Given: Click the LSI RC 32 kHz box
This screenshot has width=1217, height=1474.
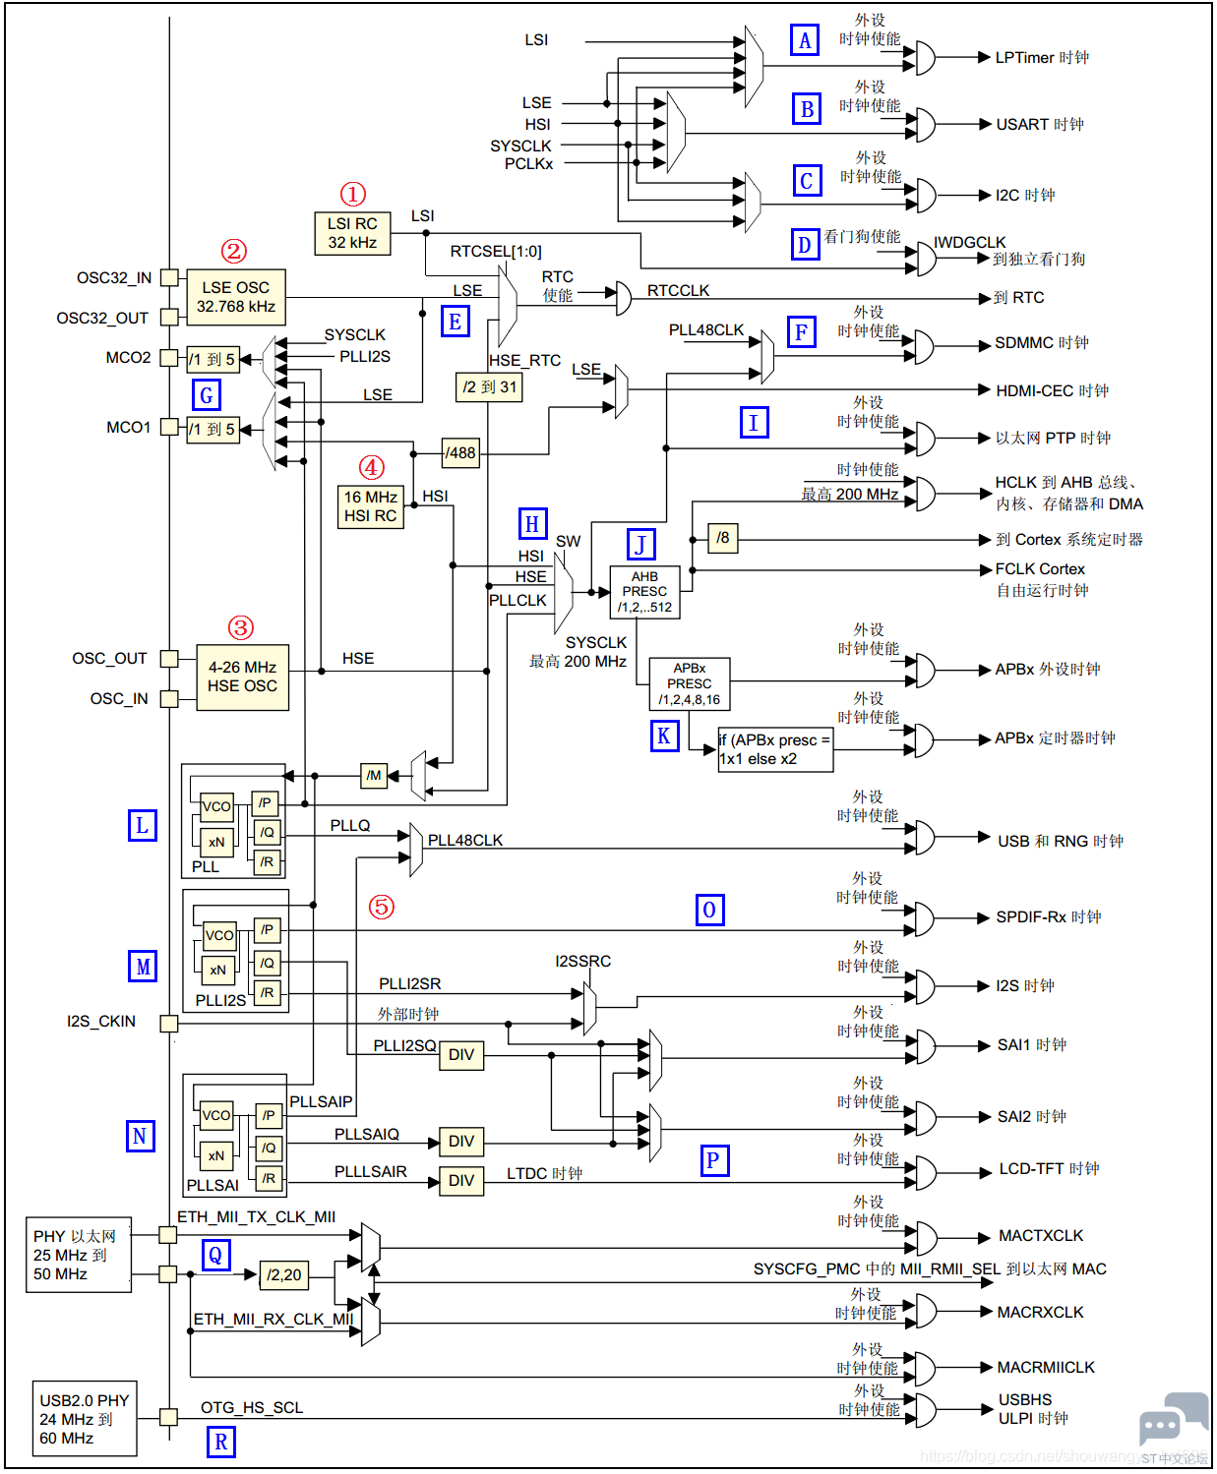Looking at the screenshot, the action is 352,233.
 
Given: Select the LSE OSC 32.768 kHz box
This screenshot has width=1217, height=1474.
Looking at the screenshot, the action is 236,297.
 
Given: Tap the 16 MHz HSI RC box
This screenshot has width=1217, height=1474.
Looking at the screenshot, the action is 370,506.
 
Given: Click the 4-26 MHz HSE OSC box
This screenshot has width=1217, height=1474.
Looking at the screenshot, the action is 242,677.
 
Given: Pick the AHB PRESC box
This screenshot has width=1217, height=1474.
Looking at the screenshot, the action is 644,592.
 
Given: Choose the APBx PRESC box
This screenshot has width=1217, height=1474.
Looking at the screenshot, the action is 689,683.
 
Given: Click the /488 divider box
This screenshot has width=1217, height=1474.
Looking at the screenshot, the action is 460,452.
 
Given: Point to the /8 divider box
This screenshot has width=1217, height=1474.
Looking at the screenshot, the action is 722,538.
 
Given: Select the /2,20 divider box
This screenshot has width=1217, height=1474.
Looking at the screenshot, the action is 284,1274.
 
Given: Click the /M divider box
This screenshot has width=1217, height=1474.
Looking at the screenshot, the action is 374,775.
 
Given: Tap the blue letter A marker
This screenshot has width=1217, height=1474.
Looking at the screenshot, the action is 805,40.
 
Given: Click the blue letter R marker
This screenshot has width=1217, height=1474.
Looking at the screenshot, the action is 221,1442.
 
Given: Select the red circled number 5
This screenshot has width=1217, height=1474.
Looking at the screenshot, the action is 382,907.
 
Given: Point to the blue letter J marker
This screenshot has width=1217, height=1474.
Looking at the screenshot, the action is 640,545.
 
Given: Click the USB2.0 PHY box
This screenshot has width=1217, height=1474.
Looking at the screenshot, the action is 84,1418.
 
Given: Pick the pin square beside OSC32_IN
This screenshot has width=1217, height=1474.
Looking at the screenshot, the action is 169,277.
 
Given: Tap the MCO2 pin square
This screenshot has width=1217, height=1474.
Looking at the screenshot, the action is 169,357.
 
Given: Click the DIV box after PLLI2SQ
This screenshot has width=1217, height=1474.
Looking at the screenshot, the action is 461,1055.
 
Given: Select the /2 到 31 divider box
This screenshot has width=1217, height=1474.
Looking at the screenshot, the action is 489,386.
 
